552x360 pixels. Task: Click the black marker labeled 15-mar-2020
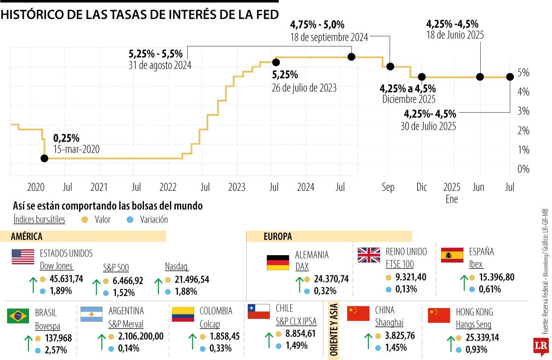44,158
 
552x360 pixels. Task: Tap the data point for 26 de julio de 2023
276,62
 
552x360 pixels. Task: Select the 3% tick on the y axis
523,111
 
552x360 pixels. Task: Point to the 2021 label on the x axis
99,187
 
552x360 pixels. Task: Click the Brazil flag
18,316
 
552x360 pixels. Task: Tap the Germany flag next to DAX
278,263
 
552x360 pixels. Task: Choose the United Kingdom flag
369,255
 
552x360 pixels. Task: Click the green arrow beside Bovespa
28,343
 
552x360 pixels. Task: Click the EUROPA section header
277,237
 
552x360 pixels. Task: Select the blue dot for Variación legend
130,219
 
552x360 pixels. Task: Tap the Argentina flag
92,314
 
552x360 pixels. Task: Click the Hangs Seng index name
473,324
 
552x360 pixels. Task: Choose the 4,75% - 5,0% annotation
317,25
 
